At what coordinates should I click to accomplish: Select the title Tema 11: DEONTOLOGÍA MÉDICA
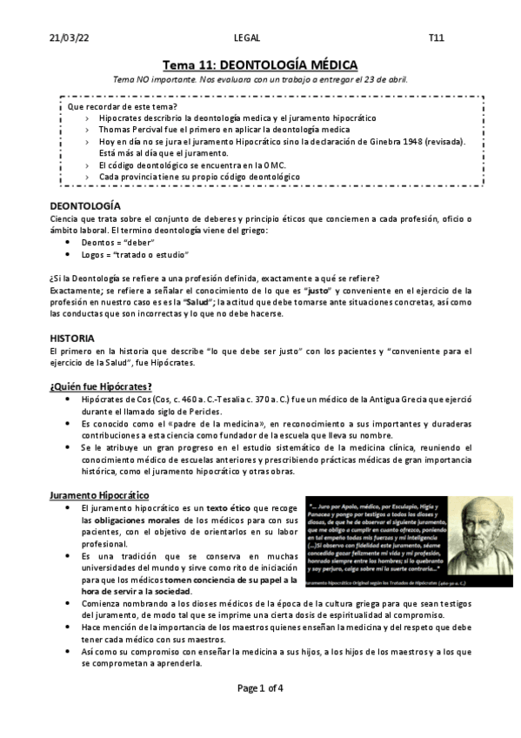(x=260, y=65)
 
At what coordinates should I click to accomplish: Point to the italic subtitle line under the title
(x=260, y=80)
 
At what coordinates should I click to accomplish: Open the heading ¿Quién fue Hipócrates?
(x=101, y=386)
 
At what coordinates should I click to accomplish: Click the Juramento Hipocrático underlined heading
(x=98, y=495)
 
